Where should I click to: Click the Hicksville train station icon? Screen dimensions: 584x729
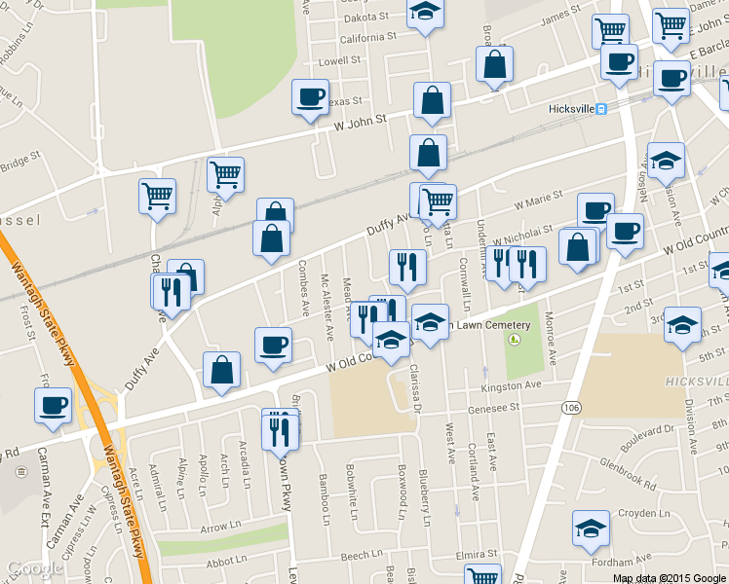[x=603, y=109]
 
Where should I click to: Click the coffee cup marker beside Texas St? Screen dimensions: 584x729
[x=310, y=98]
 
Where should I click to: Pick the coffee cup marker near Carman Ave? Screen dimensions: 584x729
[x=53, y=406]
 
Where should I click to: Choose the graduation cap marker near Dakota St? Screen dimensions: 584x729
[x=425, y=13]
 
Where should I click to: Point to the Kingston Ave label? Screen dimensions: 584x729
[x=511, y=386]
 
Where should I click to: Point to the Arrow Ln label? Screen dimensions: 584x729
[x=214, y=528]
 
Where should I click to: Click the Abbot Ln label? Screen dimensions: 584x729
[x=226, y=561]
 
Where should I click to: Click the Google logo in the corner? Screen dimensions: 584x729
[x=34, y=568]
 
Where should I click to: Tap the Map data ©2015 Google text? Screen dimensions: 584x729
[x=668, y=577]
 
